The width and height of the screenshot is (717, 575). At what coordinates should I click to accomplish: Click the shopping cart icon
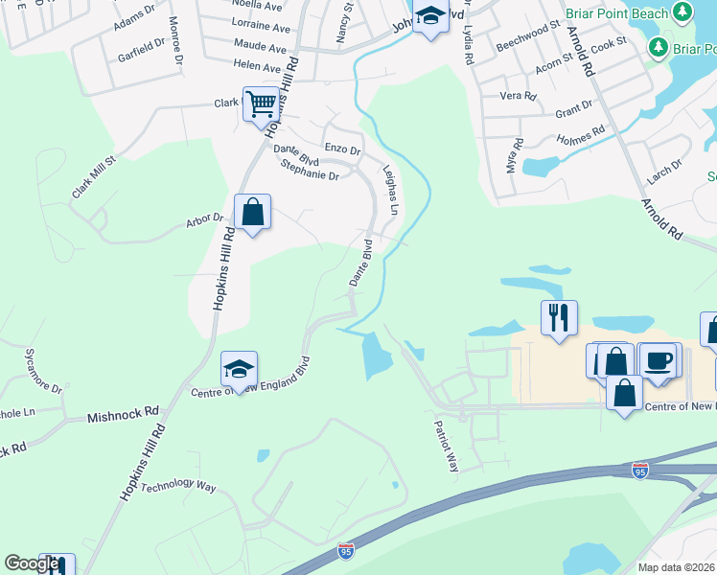tap(261, 103)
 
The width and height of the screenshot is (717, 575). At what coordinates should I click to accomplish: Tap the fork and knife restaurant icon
tap(559, 316)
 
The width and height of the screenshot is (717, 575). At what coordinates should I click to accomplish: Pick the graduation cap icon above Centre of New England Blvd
tap(239, 368)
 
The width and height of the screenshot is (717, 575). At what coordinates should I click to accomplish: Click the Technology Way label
tap(178, 487)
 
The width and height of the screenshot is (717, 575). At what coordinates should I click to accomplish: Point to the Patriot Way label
tap(448, 446)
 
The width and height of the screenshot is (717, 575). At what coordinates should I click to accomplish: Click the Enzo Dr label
tap(342, 149)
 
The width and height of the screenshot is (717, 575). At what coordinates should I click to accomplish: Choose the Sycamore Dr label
tap(43, 372)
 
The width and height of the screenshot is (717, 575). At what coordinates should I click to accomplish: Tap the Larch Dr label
tap(663, 170)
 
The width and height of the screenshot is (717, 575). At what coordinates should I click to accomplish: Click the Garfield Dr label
tap(141, 49)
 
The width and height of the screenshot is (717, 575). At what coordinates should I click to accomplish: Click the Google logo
tap(32, 563)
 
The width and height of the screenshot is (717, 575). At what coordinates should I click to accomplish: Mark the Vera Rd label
tap(518, 96)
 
